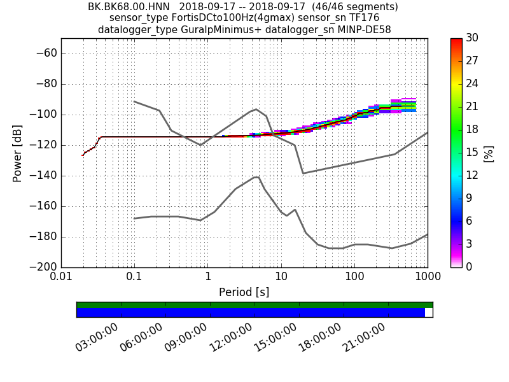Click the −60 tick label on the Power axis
tap(45, 53)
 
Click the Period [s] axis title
tap(244, 292)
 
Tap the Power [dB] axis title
tap(18, 153)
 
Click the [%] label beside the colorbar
tap(489, 153)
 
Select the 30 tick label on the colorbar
tap(473, 38)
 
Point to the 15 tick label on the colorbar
tap(473, 153)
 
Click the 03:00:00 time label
tap(97, 337)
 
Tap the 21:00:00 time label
tap(364, 337)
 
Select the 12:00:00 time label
tap(230, 337)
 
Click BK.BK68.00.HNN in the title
tap(129, 7)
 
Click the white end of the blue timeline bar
tap(428, 313)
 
